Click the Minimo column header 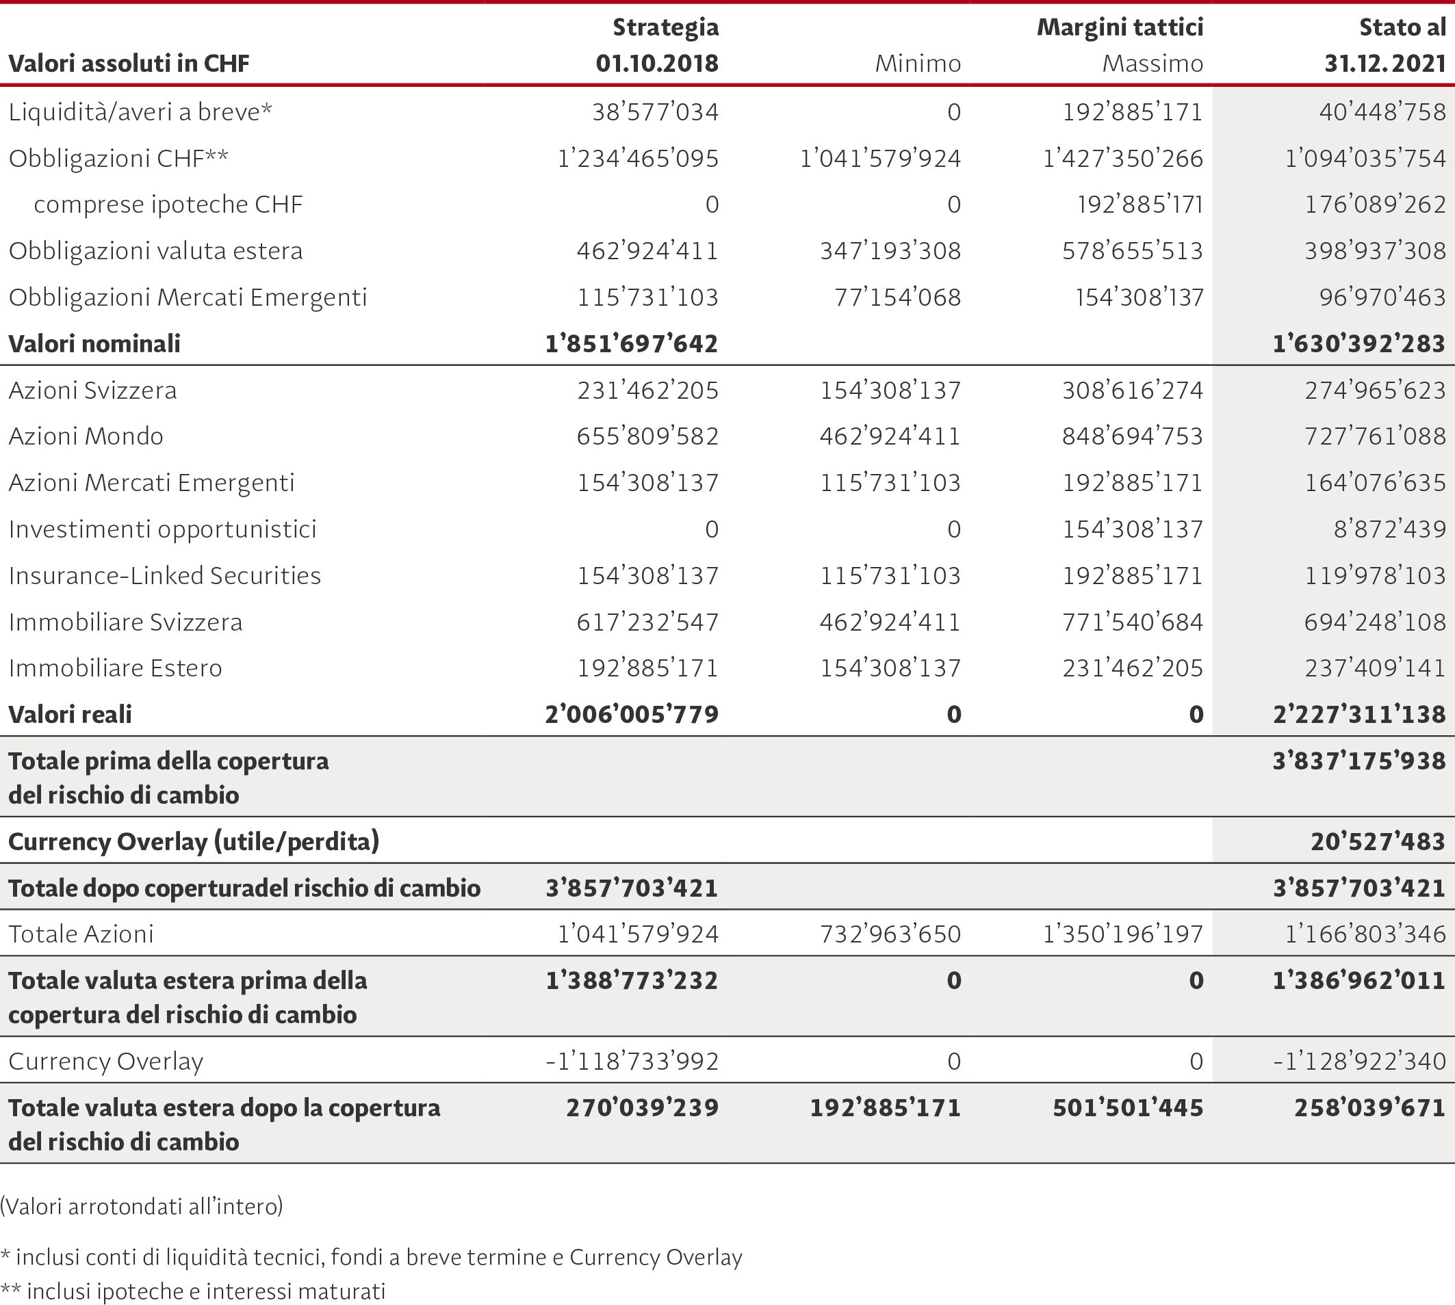coord(918,64)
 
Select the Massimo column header coord(1153,64)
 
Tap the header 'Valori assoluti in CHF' coord(129,64)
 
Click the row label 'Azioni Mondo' coord(86,436)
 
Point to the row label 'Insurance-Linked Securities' coord(165,575)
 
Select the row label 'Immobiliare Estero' coord(116,668)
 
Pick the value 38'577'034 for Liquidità coord(655,112)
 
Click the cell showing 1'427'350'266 coord(1123,159)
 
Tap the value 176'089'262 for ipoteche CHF coord(1375,205)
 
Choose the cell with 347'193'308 coord(890,251)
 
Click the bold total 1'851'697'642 coord(632,343)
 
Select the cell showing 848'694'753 coord(1132,436)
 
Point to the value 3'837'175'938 coord(1359,761)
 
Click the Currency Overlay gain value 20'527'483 coord(1378,841)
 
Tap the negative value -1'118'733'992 coord(632,1062)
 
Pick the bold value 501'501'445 coord(1128,1108)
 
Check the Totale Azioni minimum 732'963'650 coord(890,934)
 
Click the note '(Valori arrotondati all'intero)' coord(142,1206)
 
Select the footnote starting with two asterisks coord(193,1291)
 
